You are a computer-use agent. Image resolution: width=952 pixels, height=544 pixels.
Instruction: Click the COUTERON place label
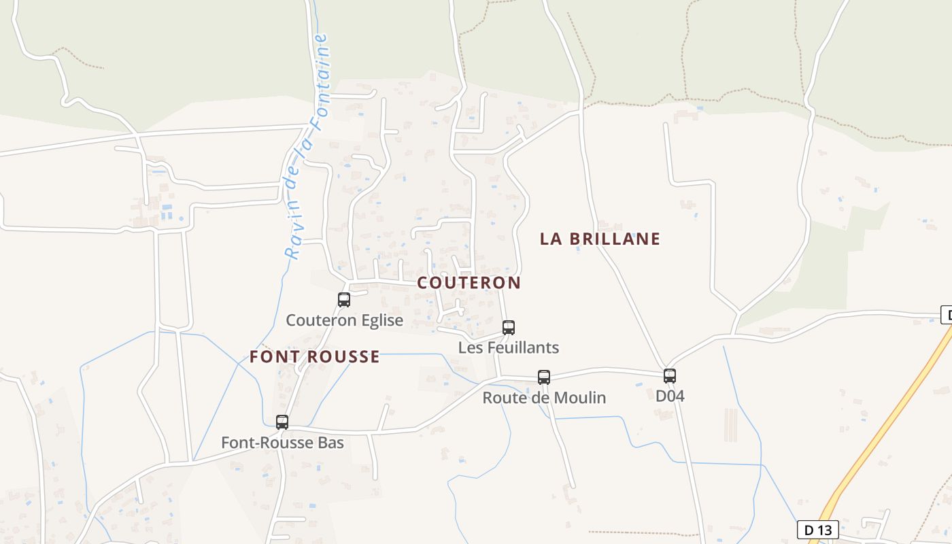(469, 283)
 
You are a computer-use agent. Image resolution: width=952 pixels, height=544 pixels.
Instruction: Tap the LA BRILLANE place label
(600, 239)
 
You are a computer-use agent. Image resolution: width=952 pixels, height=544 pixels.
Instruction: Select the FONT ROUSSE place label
(314, 357)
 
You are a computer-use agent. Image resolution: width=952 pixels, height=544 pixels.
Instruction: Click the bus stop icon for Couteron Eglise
(344, 299)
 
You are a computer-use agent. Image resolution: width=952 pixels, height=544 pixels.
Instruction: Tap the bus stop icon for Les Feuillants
(509, 327)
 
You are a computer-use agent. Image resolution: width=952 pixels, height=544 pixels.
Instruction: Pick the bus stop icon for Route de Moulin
(544, 377)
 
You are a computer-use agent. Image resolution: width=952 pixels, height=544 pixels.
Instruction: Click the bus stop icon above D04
(670, 375)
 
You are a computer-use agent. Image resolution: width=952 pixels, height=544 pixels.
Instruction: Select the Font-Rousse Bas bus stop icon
(282, 422)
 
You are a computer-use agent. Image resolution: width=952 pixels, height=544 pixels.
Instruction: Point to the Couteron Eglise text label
(344, 320)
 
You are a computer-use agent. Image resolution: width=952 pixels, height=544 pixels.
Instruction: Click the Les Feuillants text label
(509, 348)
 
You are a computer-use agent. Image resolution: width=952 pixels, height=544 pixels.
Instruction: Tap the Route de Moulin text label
(544, 398)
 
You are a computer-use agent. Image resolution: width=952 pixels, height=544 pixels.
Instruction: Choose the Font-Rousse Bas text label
(282, 443)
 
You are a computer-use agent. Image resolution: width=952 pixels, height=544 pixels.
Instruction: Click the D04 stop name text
(670, 396)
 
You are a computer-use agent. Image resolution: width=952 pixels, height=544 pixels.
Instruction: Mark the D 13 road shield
(817, 530)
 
